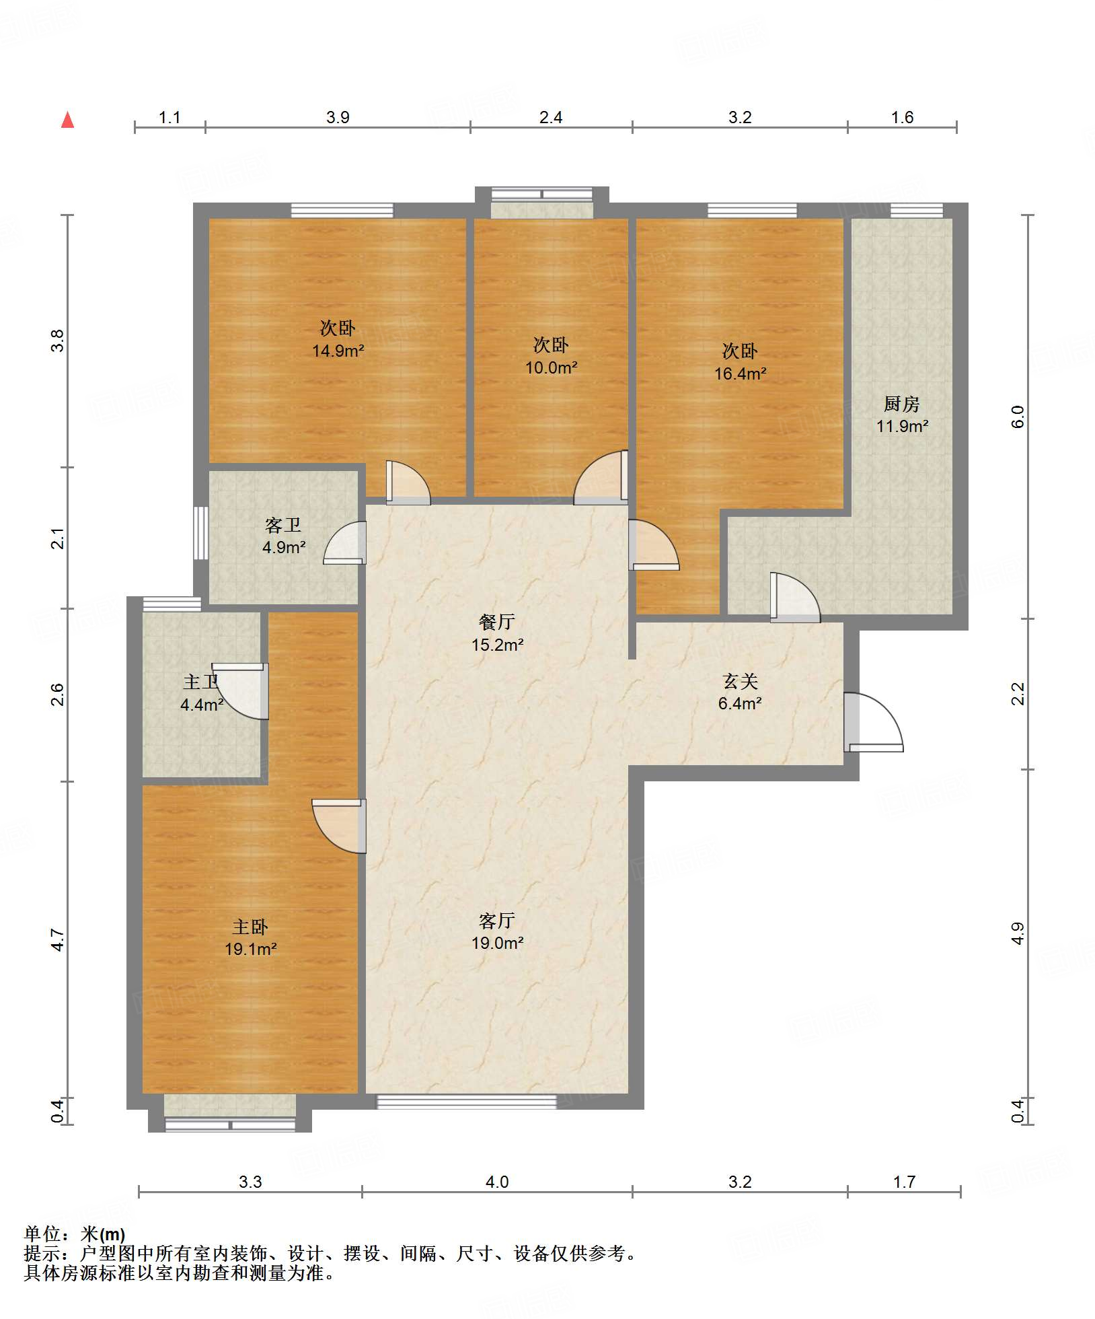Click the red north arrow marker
(67, 120)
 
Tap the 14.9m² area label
(338, 351)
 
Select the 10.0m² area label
(551, 367)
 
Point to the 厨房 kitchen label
(901, 404)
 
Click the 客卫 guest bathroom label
(282, 525)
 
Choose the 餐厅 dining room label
(497, 622)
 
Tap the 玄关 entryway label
(740, 682)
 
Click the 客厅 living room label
(497, 921)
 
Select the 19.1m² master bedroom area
(251, 950)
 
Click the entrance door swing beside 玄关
(874, 721)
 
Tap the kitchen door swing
(795, 598)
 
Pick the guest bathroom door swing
(344, 542)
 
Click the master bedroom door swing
(339, 826)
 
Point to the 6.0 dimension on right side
(1018, 416)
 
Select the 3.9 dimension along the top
(338, 117)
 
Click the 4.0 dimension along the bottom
(497, 1182)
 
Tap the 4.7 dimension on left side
(59, 939)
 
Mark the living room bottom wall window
(466, 1102)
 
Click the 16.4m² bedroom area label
(740, 373)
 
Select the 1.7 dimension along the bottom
(904, 1182)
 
